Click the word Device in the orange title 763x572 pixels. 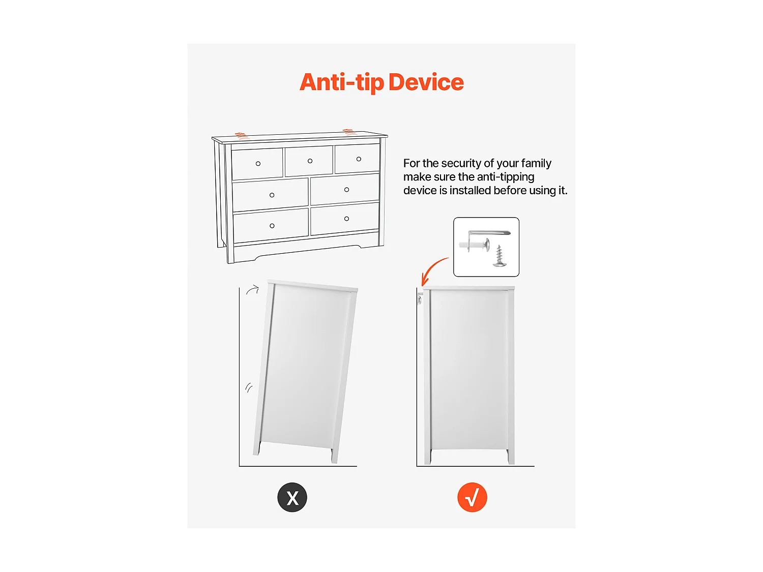point(426,82)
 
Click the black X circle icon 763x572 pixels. point(292,497)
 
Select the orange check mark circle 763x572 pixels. point(472,497)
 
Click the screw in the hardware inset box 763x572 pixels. point(500,256)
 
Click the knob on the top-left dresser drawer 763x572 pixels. point(258,164)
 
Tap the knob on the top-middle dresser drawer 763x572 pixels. point(310,161)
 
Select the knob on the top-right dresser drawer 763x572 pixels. point(359,159)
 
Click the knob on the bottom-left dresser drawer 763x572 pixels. point(272,226)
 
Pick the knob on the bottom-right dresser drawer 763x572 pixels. point(346,219)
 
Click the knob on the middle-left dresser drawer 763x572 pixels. point(272,195)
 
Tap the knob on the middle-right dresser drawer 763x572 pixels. point(346,190)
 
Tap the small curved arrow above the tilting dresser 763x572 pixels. point(252,289)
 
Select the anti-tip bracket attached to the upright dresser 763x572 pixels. point(420,298)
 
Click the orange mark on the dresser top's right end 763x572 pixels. point(349,132)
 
